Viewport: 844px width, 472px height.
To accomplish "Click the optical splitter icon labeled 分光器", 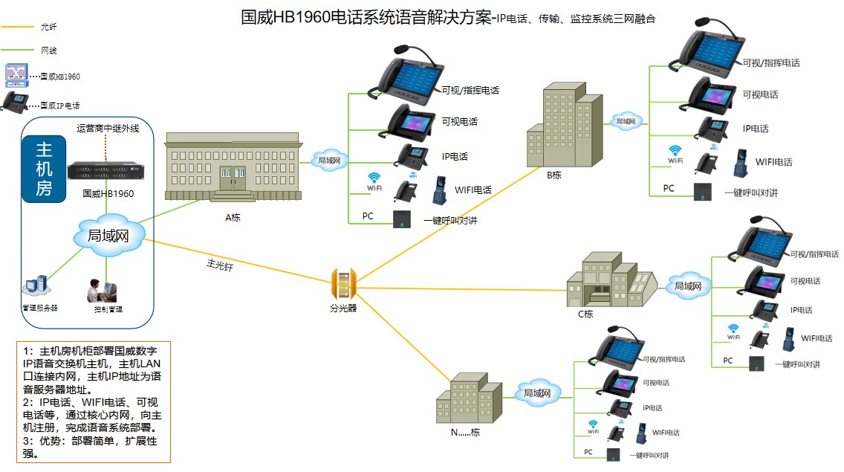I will click(x=343, y=283).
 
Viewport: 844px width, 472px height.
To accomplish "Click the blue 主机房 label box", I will click(x=44, y=169).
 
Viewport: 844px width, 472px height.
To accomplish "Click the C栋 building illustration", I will click(x=611, y=279).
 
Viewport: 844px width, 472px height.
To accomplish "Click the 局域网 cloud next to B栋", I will click(x=626, y=120).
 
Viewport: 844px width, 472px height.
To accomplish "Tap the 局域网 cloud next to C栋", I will click(x=687, y=285).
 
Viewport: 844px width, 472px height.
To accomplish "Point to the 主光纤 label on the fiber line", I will click(x=219, y=266).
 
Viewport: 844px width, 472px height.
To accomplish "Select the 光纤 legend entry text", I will click(x=48, y=27).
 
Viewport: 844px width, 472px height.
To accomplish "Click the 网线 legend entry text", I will click(x=48, y=51).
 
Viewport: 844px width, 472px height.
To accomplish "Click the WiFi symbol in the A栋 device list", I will click(x=374, y=178).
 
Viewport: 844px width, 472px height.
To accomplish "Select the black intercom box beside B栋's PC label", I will click(x=703, y=191).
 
